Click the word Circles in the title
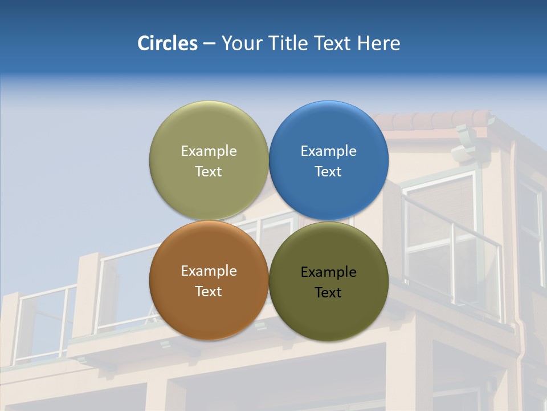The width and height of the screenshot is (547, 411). pos(168,43)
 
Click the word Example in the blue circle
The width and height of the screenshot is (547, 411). pos(329,151)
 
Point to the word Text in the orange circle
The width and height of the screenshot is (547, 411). pos(209,291)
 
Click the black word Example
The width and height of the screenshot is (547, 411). pos(329,272)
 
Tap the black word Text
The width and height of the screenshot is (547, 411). pos(328,293)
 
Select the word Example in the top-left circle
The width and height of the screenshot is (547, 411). pos(209,151)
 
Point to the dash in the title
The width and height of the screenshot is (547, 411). pos(209,44)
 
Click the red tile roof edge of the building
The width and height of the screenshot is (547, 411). pos(433,120)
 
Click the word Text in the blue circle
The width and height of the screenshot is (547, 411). pos(328,171)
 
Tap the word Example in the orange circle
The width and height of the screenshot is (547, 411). pos(209,271)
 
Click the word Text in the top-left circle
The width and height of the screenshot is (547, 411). pos(209,171)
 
